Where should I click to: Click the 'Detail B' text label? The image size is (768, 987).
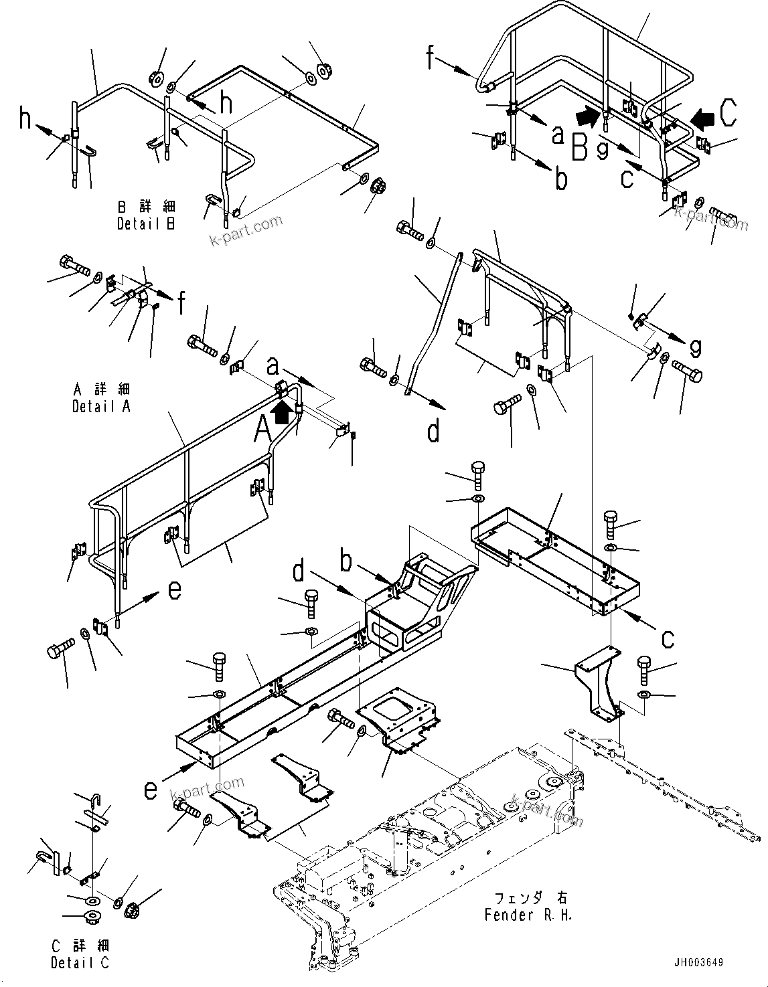click(x=146, y=224)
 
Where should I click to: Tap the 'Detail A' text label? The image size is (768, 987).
click(x=102, y=406)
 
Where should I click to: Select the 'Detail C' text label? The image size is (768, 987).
click(x=80, y=962)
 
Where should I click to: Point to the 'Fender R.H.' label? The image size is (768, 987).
click(x=528, y=914)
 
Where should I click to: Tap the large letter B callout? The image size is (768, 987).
click(x=580, y=147)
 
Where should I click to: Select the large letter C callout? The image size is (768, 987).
click(x=728, y=113)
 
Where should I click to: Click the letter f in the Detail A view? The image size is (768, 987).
click(x=181, y=306)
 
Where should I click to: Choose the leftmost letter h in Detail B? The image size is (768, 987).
click(x=25, y=119)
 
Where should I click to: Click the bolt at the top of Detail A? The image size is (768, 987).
click(x=73, y=265)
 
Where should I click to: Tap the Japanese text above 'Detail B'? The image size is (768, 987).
click(x=146, y=207)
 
